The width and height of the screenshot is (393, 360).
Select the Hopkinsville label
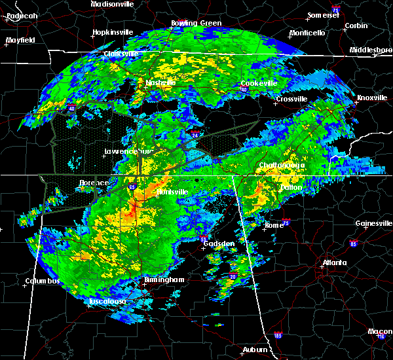[113, 31]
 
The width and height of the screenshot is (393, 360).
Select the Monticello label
[307, 32]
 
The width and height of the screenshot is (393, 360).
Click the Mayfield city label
[21, 40]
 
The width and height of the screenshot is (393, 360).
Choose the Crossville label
[291, 99]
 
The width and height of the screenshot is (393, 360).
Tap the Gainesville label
[373, 223]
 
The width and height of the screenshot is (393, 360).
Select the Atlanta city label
[335, 263]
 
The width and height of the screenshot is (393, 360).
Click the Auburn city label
[254, 350]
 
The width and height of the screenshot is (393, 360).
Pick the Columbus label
[43, 281]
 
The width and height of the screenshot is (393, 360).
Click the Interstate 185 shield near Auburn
[278, 337]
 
